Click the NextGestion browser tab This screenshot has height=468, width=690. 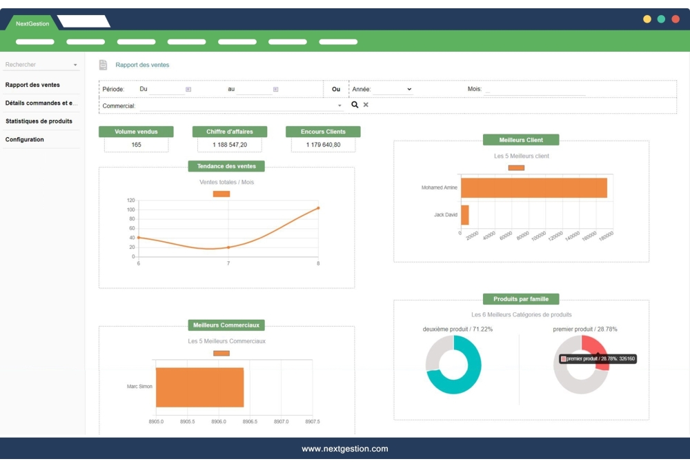[32, 23]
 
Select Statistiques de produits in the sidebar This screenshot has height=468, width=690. [39, 121]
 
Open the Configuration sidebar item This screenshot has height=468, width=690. [25, 139]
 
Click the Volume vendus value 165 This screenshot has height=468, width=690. [136, 145]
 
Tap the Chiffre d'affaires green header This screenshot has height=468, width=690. [229, 132]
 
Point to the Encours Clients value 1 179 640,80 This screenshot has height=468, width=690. [323, 145]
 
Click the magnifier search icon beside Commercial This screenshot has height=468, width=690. [355, 105]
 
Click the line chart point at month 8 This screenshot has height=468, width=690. [318, 207]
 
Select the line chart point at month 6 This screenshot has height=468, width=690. [139, 238]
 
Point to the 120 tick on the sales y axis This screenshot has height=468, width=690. [130, 201]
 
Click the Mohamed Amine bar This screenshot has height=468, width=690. [533, 188]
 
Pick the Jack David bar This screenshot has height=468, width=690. [465, 215]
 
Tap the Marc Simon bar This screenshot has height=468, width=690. [199, 387]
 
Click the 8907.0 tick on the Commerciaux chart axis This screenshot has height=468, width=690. [281, 421]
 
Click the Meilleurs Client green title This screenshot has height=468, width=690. [521, 140]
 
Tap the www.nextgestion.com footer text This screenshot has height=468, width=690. [344, 449]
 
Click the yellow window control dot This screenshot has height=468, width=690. [647, 19]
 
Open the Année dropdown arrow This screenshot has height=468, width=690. [408, 89]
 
